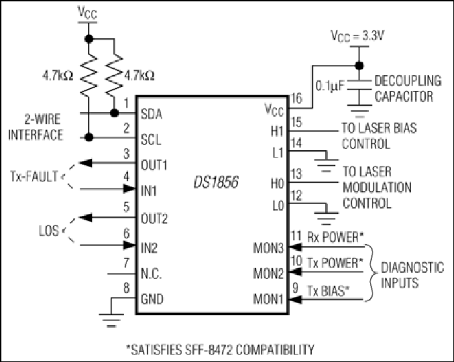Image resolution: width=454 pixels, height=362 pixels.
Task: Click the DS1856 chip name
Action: [x=216, y=182]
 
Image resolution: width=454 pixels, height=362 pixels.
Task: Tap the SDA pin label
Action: [x=151, y=115]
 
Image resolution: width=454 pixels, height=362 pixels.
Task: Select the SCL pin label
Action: [x=151, y=139]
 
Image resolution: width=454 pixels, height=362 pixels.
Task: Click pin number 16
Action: [x=297, y=99]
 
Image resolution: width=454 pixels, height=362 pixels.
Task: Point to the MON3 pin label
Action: [x=268, y=248]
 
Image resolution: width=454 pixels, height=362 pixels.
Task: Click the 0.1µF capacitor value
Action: [x=330, y=86]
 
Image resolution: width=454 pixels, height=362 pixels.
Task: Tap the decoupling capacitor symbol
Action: [x=359, y=84]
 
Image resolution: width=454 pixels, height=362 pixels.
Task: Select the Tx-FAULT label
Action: [x=34, y=176]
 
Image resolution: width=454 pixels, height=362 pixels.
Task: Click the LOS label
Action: [x=49, y=231]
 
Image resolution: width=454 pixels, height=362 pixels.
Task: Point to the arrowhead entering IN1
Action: [x=129, y=189]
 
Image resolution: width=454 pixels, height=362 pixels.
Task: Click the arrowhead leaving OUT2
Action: [x=85, y=217]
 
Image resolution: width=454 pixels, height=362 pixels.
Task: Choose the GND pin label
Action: [x=152, y=298]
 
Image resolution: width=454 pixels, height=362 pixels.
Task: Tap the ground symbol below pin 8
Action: [x=111, y=320]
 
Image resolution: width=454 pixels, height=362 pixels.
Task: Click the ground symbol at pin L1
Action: [x=326, y=165]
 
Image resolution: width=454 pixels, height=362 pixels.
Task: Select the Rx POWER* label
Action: [x=335, y=237]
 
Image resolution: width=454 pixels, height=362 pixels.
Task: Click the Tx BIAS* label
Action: [x=328, y=290]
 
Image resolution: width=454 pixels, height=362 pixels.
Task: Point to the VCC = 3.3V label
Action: [x=357, y=36]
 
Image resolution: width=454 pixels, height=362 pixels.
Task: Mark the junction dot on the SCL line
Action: [x=89, y=137]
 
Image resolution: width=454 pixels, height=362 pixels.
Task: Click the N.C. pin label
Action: [x=151, y=274]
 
